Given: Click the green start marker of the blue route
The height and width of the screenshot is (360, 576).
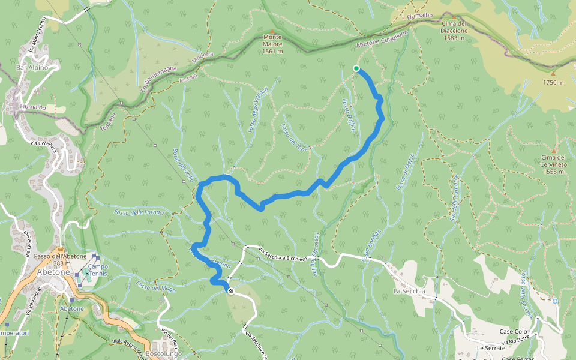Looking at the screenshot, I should [x=356, y=68].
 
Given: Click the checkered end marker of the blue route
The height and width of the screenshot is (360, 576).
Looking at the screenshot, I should [x=231, y=291].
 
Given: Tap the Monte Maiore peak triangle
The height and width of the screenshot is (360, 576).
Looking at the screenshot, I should [x=272, y=31].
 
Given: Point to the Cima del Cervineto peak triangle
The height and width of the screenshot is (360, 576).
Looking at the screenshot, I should [x=553, y=151].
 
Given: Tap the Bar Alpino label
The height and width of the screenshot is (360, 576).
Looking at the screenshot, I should [x=32, y=68].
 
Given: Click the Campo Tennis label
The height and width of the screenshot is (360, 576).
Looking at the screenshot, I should [x=97, y=270].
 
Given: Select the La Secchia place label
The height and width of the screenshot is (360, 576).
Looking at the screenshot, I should [x=409, y=292].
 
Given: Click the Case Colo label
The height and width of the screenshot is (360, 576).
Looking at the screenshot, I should [x=513, y=332].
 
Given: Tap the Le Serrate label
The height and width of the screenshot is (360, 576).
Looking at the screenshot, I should [x=488, y=348].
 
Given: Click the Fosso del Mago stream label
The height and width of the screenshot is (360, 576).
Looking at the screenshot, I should [x=155, y=287].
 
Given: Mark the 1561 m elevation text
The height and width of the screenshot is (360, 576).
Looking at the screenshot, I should [x=272, y=52].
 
